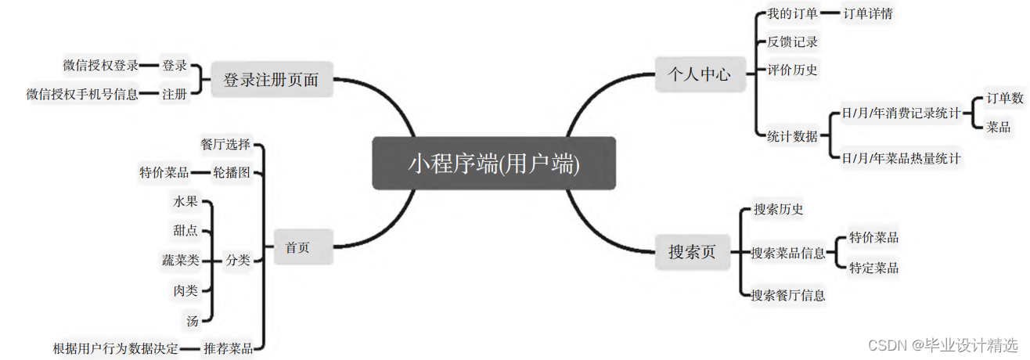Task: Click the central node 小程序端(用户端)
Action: [494, 164]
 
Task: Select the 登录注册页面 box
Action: [272, 80]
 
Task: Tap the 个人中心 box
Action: [699, 74]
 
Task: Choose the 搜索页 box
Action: [692, 252]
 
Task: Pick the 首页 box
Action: [297, 247]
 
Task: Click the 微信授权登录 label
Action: [100, 66]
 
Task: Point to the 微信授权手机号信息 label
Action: [82, 95]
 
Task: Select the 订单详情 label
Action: [868, 13]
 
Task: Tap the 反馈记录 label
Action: [792, 41]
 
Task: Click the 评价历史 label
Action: [792, 70]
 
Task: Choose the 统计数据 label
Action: [792, 136]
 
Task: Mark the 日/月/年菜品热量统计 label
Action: [901, 158]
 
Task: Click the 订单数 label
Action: [1005, 99]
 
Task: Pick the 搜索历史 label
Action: [778, 210]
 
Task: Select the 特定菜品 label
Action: [873, 268]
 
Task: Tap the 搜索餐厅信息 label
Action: [788, 295]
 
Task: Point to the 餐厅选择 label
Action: [225, 144]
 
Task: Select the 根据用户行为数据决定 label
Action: [116, 348]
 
